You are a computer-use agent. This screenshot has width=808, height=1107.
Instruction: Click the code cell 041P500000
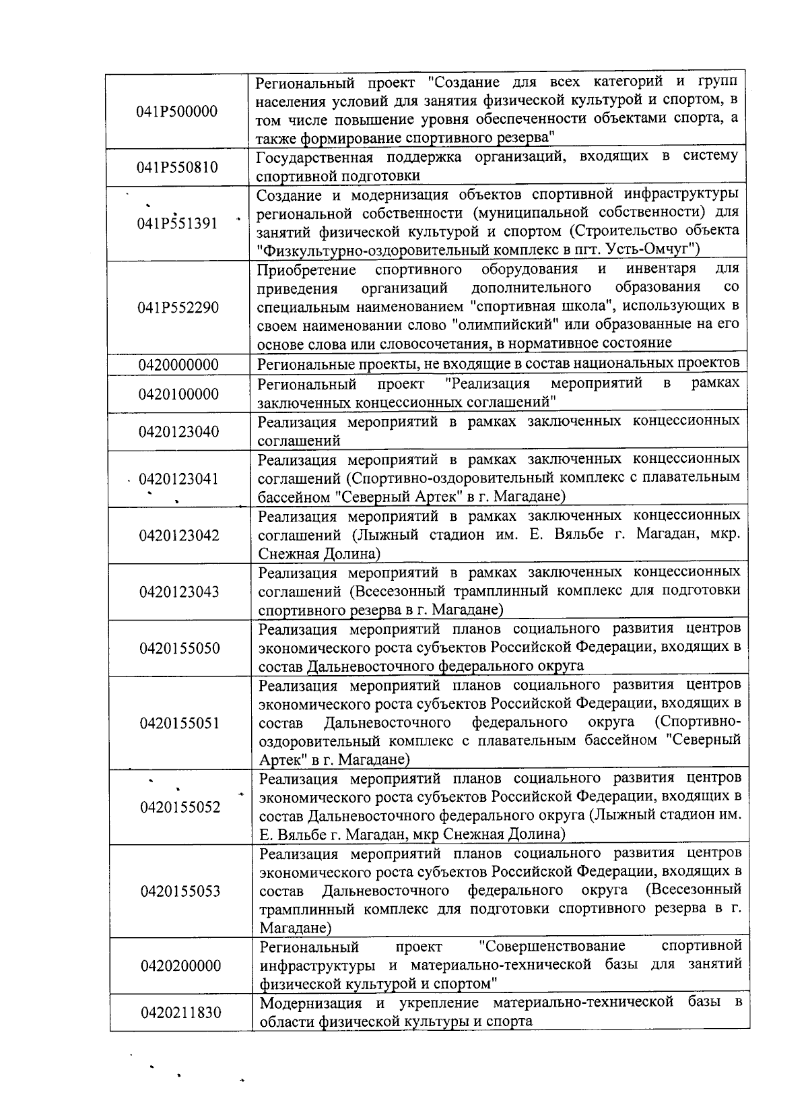[177, 111]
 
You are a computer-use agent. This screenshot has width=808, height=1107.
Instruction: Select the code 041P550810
[177, 167]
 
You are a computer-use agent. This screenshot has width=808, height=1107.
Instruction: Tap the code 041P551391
[177, 223]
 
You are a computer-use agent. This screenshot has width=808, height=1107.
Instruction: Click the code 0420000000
[178, 365]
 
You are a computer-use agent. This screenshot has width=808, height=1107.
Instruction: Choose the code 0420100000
[178, 393]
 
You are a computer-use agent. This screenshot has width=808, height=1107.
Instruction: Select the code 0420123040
[178, 431]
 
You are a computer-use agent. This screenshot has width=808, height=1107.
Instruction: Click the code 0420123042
[179, 536]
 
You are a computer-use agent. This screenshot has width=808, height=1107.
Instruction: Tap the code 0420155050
[180, 648]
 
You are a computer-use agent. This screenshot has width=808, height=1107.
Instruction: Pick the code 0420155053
[180, 891]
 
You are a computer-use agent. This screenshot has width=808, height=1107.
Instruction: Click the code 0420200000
[180, 966]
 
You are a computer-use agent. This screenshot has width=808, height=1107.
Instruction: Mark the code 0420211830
[180, 1012]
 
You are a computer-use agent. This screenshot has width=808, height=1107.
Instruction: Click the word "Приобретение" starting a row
[306, 270]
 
